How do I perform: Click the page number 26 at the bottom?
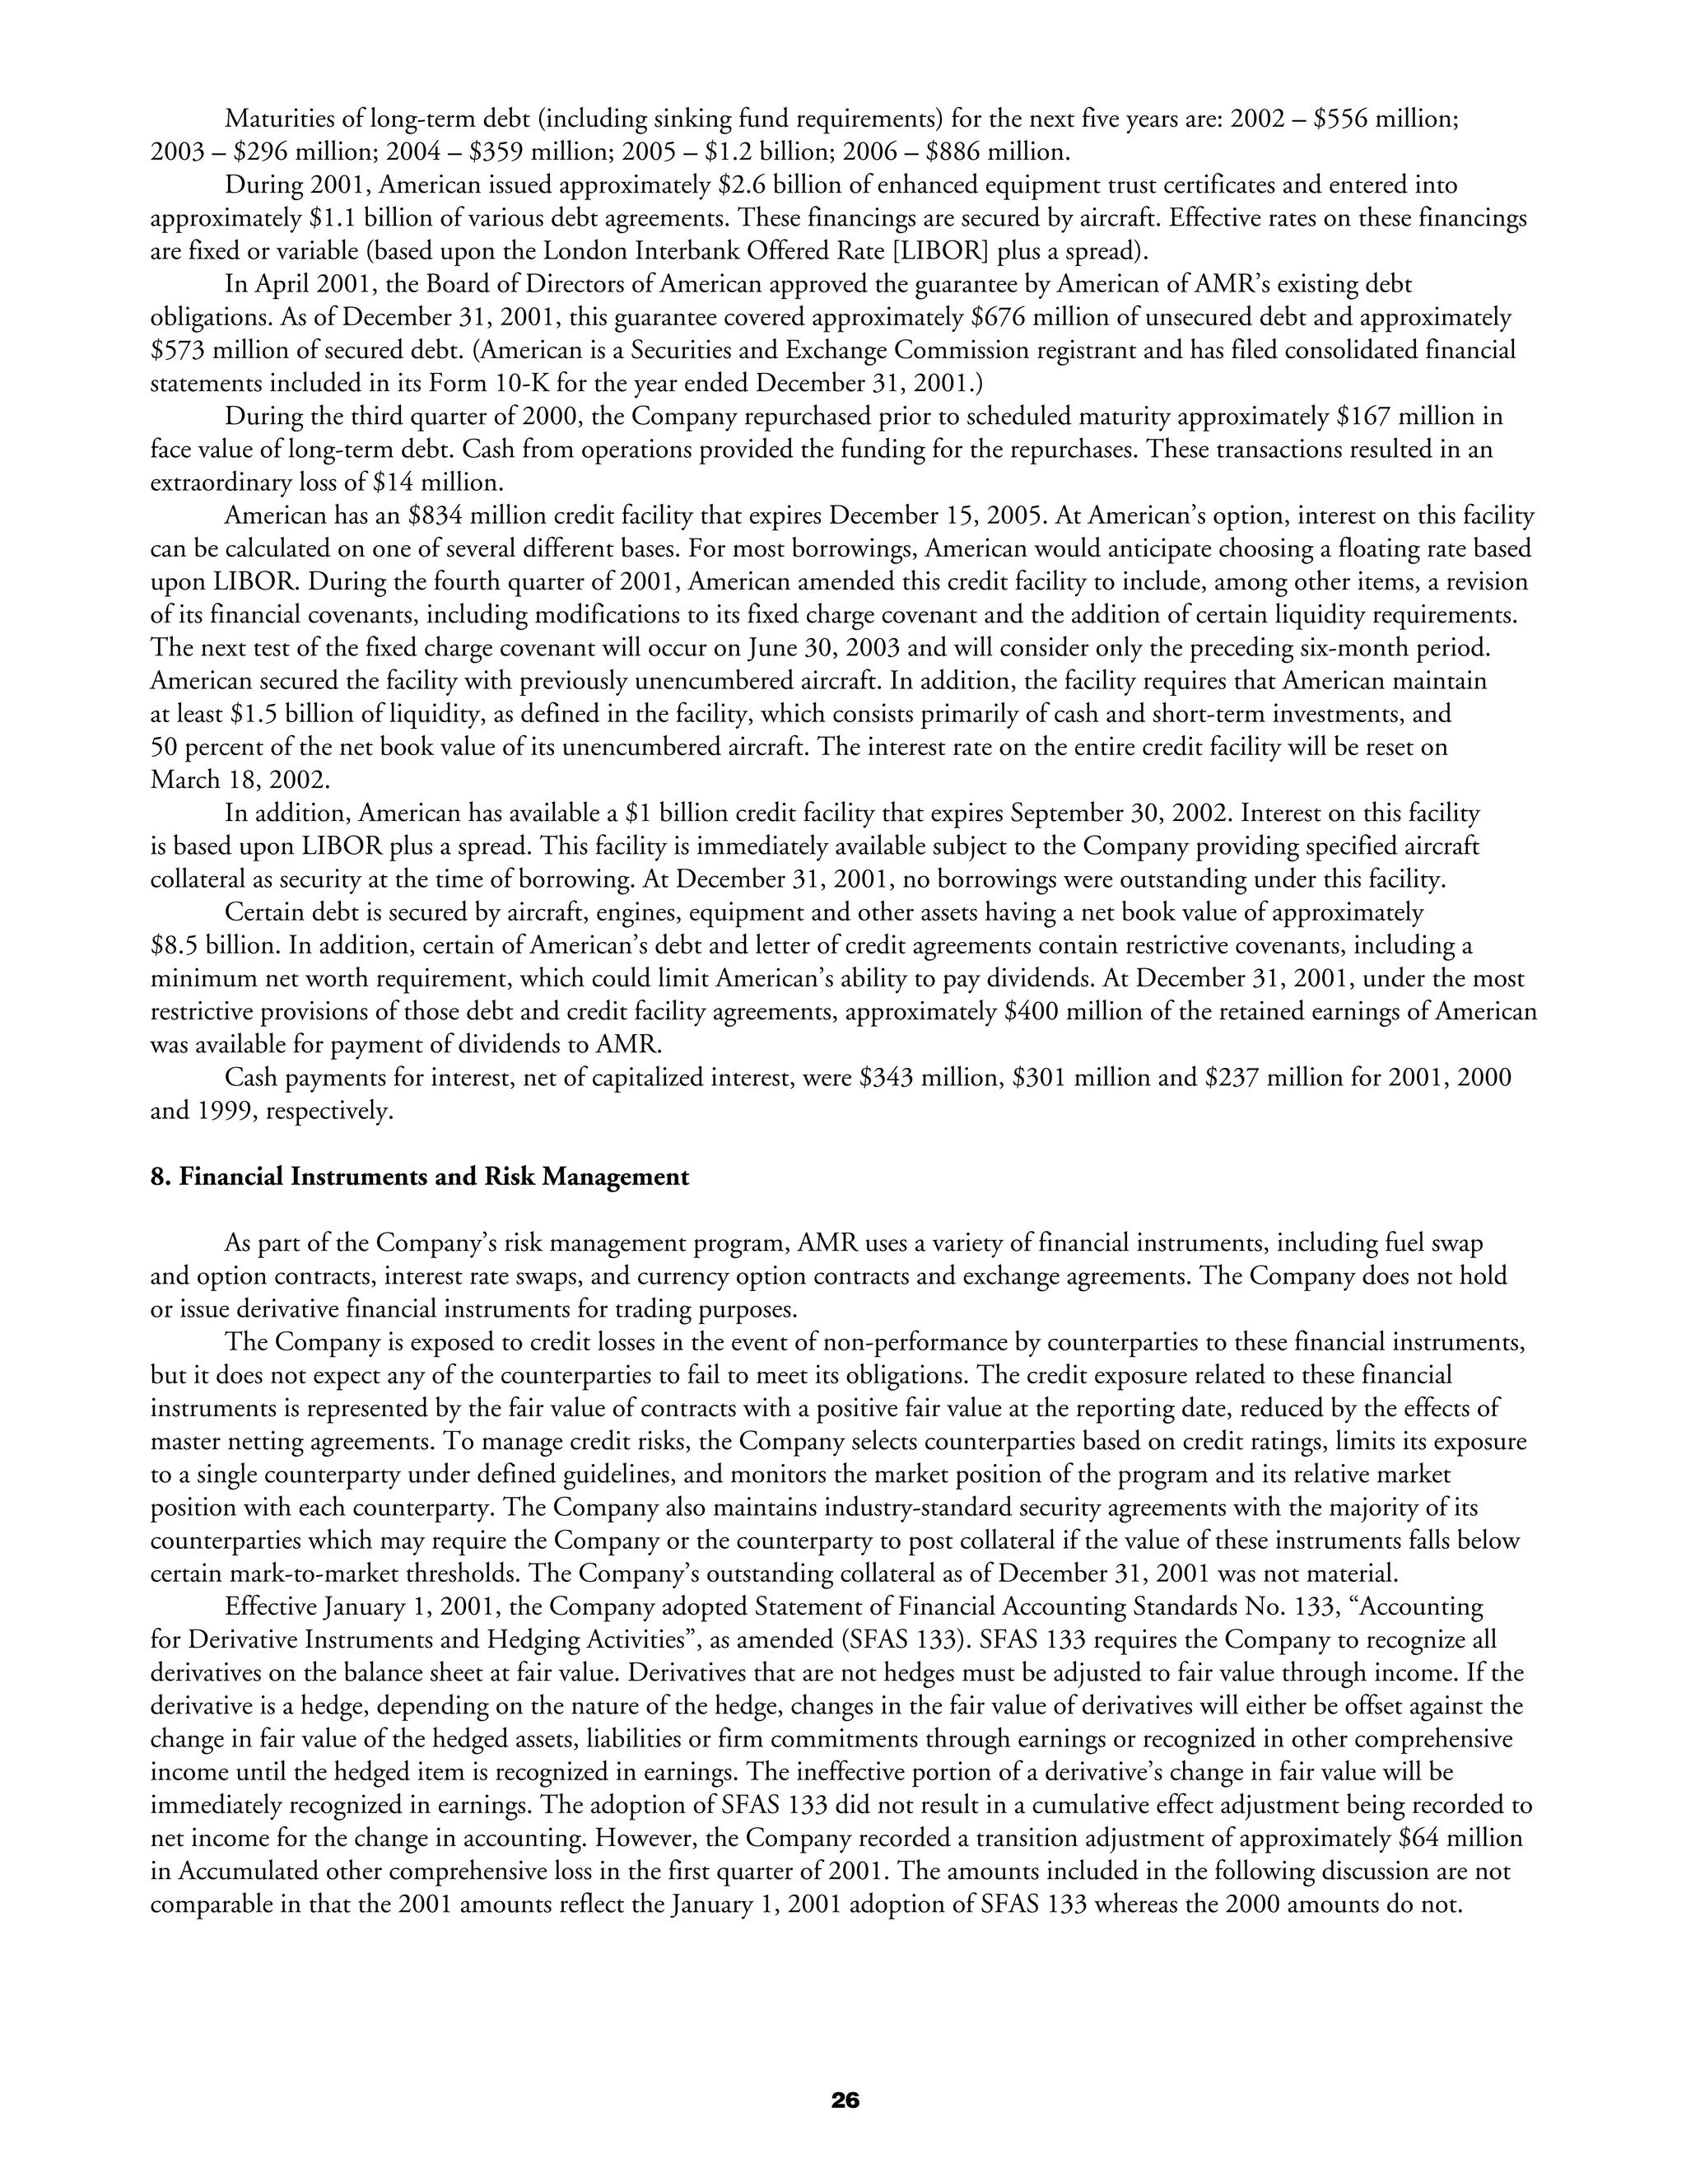click(x=844, y=2100)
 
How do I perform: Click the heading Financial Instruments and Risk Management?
click(x=420, y=1177)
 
